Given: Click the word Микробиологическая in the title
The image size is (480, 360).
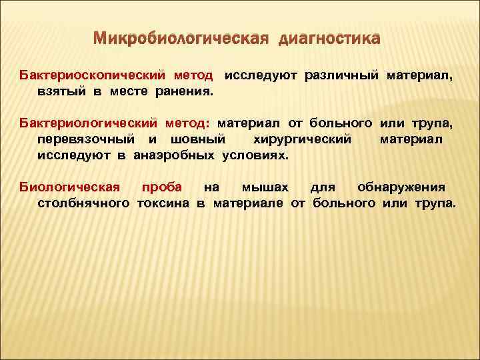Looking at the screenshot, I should pyautogui.click(x=179, y=39).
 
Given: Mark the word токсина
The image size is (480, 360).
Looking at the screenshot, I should pyautogui.click(x=164, y=202).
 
